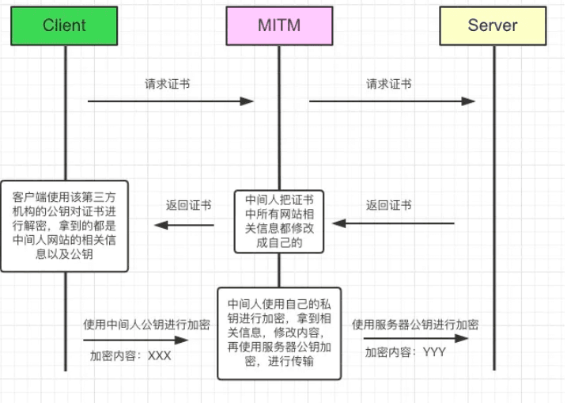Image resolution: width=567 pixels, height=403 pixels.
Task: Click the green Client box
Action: [x=64, y=25]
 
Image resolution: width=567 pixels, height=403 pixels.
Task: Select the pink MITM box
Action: [x=278, y=25]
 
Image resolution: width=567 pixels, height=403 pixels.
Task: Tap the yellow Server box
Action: [x=492, y=25]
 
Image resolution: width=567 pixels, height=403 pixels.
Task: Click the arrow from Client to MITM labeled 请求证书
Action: [x=170, y=101]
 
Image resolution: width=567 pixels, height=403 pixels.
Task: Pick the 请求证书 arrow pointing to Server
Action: [x=391, y=101]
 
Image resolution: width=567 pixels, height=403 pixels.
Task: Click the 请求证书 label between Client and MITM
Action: [x=167, y=84]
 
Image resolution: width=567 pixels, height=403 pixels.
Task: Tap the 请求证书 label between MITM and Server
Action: [x=388, y=84]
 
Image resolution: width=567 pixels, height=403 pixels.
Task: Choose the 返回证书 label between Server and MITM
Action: [x=388, y=205]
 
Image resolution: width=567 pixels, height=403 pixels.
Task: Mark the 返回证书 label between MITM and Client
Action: [x=188, y=205]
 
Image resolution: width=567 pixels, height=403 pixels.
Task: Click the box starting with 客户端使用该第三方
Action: [x=64, y=226]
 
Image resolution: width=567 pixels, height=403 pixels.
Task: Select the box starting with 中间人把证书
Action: [x=278, y=221]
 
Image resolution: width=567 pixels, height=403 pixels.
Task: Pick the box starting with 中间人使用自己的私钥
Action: [x=279, y=333]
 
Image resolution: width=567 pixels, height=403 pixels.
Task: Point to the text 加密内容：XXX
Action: [x=130, y=355]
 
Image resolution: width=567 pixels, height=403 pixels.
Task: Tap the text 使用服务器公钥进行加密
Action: [x=415, y=325]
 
